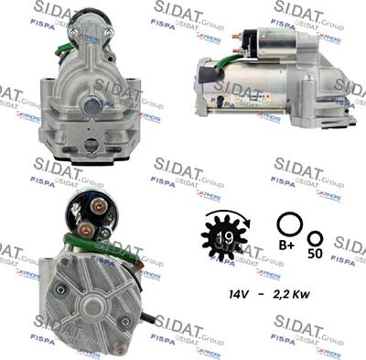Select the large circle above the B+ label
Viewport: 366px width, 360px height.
click(289, 224)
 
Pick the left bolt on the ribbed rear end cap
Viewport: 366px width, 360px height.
click(61, 289)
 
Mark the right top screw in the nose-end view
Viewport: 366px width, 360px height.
click(109, 32)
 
